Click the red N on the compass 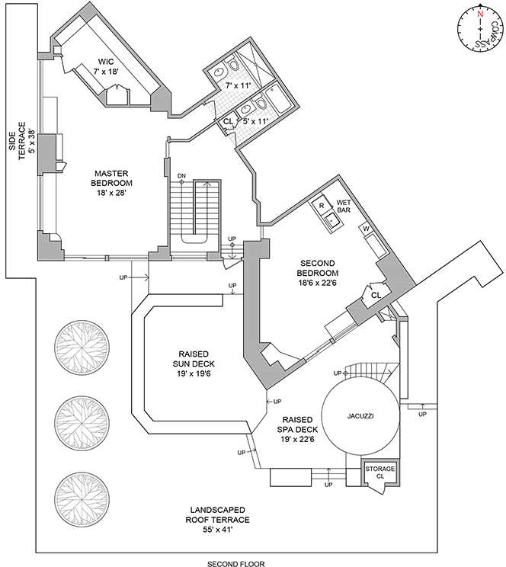479,14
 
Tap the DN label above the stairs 181,176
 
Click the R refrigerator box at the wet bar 321,206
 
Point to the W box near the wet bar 366,228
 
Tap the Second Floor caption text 232,564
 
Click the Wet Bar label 343,207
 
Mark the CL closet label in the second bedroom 375,295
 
